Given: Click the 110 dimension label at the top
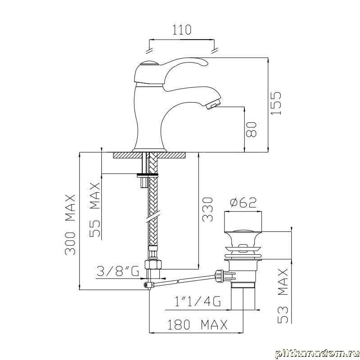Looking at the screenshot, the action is (182, 30).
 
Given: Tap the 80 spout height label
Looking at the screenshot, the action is (251, 130).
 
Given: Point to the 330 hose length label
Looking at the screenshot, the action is (207, 210).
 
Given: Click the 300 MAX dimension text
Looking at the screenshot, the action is (70, 225).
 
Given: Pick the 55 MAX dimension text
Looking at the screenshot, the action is (95, 210).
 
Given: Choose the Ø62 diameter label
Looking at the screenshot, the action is (243, 202).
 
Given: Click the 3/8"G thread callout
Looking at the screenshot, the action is (118, 271).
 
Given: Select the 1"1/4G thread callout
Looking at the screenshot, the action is (198, 301).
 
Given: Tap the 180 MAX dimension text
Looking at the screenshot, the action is (198, 324).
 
